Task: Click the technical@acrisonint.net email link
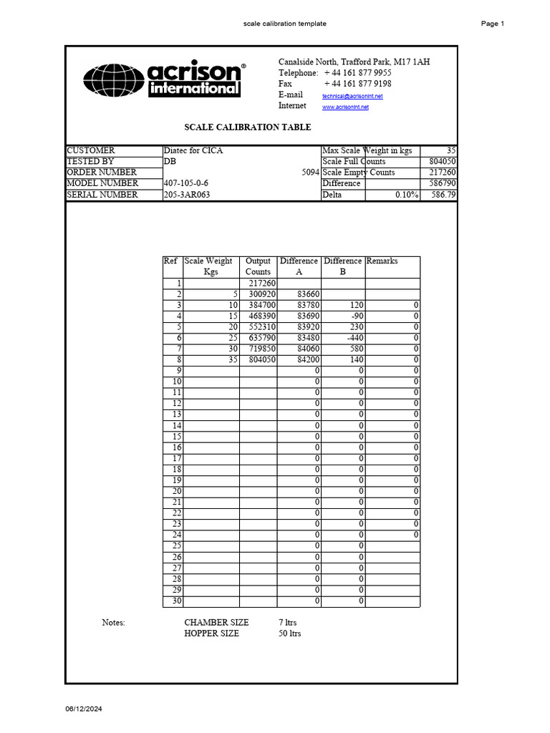352,96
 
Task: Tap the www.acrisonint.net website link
345,107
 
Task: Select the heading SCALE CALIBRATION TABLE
248,127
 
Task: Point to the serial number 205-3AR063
187,195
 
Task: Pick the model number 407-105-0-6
186,183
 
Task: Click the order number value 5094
309,173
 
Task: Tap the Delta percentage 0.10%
406,195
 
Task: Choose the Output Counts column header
258,266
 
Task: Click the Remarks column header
382,261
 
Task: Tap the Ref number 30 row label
176,601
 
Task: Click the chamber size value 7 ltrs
287,623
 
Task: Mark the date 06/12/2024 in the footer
85,709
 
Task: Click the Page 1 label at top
493,24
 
